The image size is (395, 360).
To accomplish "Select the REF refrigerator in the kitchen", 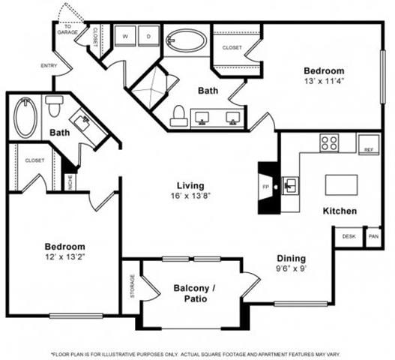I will [367, 145].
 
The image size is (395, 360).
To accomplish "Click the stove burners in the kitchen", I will [328, 142].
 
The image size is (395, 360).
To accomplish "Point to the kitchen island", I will [343, 184].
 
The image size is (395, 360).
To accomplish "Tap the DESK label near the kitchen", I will [349, 236].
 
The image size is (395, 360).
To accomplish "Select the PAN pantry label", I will [373, 236].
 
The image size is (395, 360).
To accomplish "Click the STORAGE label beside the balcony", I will [132, 286].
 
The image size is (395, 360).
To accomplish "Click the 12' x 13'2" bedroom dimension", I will [64, 258].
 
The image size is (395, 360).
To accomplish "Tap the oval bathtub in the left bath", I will [25, 118].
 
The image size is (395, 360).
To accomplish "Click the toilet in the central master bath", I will [178, 115].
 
